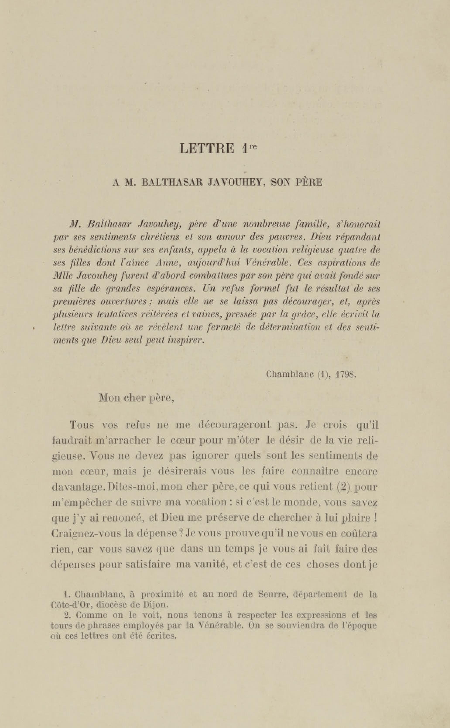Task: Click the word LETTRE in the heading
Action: click(207, 148)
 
